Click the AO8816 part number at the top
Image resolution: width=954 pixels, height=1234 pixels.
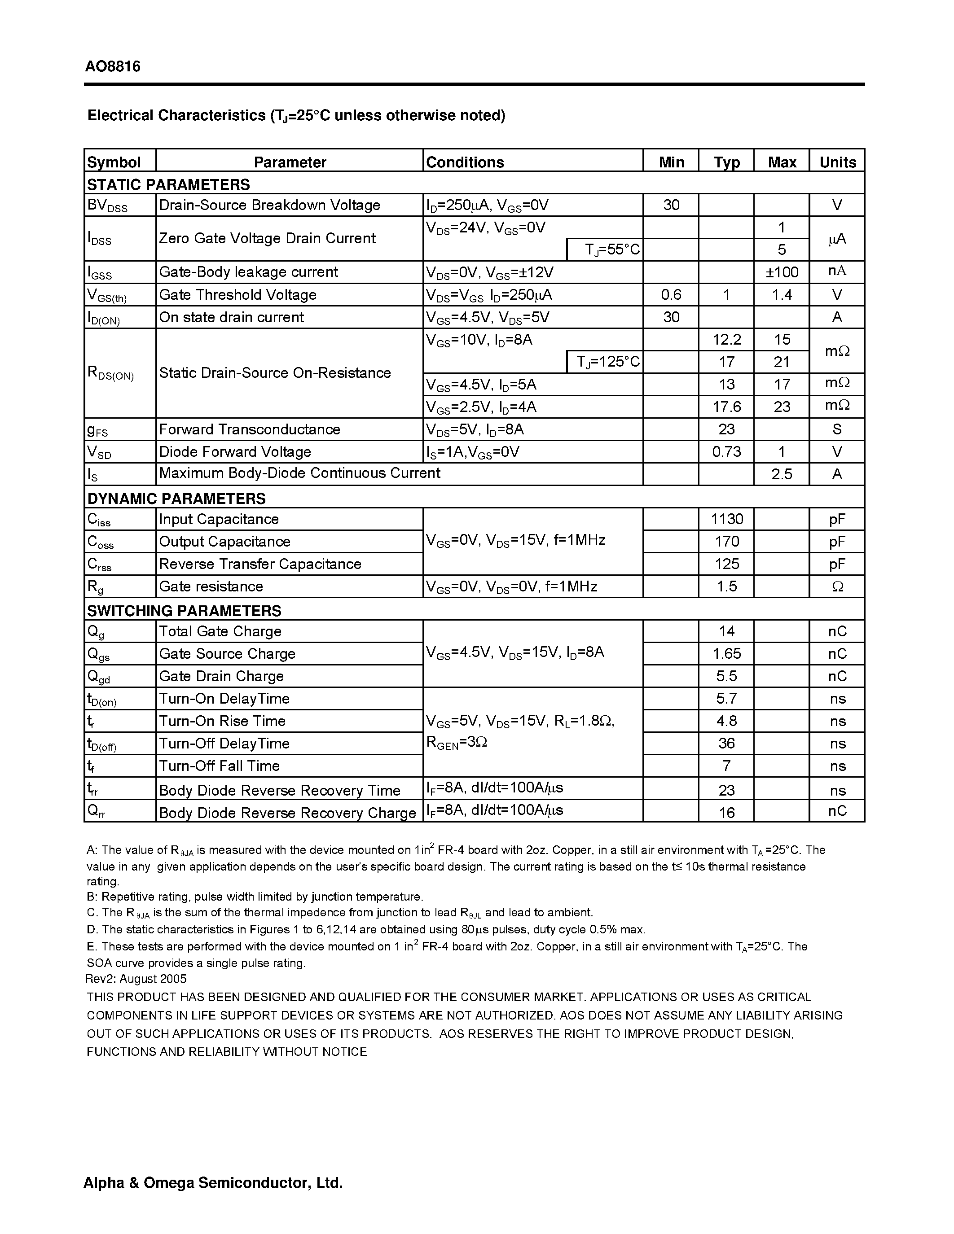[113, 67]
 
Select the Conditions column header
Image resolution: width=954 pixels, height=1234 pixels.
[465, 162]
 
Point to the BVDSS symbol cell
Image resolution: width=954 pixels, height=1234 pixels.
[107, 206]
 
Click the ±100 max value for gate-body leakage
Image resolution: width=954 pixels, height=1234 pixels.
[782, 272]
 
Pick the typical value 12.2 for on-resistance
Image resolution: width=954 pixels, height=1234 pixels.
[726, 340]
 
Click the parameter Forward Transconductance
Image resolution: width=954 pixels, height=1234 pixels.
[249, 429]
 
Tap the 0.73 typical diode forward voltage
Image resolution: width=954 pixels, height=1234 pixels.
[726, 452]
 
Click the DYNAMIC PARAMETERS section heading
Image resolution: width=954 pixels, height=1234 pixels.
[176, 499]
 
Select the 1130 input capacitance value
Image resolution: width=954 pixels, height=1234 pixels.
[726, 519]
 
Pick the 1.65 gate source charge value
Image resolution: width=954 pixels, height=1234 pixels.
[726, 654]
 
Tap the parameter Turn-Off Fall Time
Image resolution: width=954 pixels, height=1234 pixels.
[219, 766]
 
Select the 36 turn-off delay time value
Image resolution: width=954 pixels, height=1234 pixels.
[726, 744]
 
